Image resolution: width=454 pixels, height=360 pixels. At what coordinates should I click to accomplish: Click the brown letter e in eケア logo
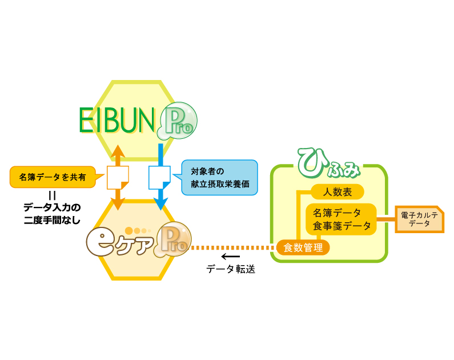point(101,241)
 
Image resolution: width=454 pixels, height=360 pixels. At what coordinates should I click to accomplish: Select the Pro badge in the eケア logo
point(172,241)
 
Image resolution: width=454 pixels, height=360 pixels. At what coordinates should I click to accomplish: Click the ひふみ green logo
point(329,162)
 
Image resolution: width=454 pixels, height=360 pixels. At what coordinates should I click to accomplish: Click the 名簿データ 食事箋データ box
point(341,219)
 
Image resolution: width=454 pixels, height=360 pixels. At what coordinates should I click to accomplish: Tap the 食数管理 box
point(303,247)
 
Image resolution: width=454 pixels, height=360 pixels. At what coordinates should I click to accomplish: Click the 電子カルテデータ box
point(419,219)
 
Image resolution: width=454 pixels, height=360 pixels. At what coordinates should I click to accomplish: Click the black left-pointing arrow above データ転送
point(230,256)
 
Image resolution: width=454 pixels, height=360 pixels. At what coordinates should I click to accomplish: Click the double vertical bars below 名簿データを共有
point(52,195)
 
